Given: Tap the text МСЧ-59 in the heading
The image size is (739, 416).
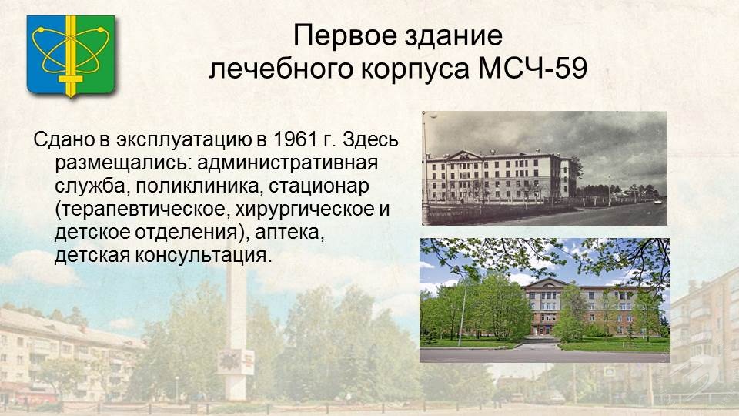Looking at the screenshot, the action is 533,68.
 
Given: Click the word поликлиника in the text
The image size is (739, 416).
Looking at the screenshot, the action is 198,186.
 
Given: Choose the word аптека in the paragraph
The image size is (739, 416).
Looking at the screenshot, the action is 289,232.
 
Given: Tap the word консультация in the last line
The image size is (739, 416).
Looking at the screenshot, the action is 203,255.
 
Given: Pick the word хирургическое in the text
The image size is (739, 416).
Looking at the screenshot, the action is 302,210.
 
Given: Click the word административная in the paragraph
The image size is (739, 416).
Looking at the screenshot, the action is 287,163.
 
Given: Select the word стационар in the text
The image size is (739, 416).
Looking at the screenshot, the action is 319,186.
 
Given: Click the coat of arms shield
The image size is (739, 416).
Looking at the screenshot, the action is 71,56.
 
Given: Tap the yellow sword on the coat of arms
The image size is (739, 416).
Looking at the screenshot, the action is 71,56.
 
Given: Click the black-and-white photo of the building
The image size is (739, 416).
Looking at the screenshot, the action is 544,168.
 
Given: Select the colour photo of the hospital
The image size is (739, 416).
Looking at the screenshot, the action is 545,300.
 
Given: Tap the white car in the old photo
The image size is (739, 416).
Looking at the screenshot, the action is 657,202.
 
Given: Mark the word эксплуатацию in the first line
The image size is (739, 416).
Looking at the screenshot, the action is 184,140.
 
